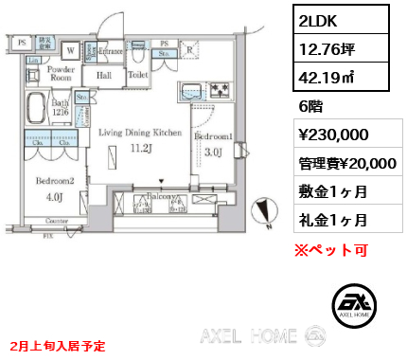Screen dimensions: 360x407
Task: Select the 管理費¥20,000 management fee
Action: [x=343, y=164]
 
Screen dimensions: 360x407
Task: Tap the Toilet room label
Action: [x=137, y=71]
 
